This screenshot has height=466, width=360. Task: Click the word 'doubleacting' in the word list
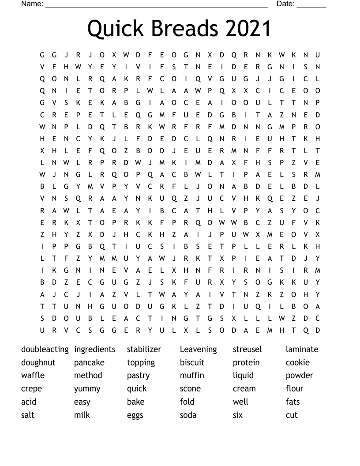[45, 349]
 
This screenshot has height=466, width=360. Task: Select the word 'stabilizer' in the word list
[144, 349]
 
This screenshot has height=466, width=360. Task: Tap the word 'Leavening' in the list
[198, 349]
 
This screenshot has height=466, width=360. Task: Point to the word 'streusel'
[247, 349]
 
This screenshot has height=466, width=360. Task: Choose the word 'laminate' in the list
[302, 349]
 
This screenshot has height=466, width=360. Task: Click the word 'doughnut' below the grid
[38, 363]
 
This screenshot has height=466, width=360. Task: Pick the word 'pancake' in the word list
[89, 363]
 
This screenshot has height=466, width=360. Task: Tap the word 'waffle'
[33, 376]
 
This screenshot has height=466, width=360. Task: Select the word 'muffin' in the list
[192, 376]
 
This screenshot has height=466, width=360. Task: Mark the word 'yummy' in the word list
[87, 389]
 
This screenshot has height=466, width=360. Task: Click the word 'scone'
[190, 389]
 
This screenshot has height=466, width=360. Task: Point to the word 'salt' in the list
[27, 415]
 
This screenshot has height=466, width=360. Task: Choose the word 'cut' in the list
[292, 415]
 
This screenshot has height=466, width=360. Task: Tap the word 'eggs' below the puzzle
[135, 416]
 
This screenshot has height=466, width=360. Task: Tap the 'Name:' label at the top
[32, 4]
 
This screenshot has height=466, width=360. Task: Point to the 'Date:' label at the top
[285, 4]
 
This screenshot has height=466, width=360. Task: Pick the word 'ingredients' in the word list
[94, 349]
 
